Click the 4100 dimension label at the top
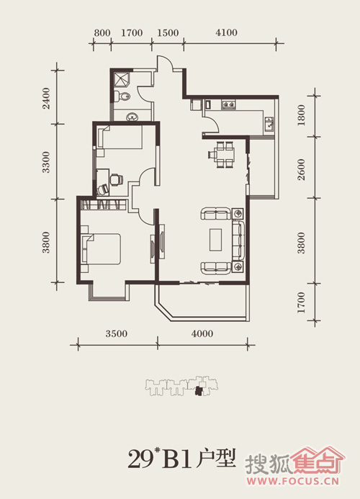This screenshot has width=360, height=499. click(x=226, y=32)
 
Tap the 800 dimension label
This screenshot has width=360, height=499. click(x=102, y=33)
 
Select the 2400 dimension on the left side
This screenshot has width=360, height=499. click(x=47, y=99)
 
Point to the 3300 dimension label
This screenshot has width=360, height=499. click(x=47, y=162)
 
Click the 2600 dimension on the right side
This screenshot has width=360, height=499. click(x=301, y=170)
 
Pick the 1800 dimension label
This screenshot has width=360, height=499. click(x=301, y=115)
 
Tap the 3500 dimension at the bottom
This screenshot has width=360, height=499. click(x=117, y=333)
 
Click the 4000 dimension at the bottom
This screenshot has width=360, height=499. click(x=202, y=333)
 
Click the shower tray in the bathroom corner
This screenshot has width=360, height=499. click(x=122, y=79)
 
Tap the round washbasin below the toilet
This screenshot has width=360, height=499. click(x=132, y=117)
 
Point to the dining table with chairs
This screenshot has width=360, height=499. click(x=222, y=154)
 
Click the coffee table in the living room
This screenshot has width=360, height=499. click(x=215, y=239)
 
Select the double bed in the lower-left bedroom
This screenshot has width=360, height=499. click(x=101, y=249)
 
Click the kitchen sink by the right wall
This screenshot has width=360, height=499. click(x=269, y=124)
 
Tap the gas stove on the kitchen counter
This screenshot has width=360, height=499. click(x=229, y=104)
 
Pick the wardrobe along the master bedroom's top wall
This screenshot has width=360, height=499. click(x=102, y=204)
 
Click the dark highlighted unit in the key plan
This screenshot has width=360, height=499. click(x=199, y=390)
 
